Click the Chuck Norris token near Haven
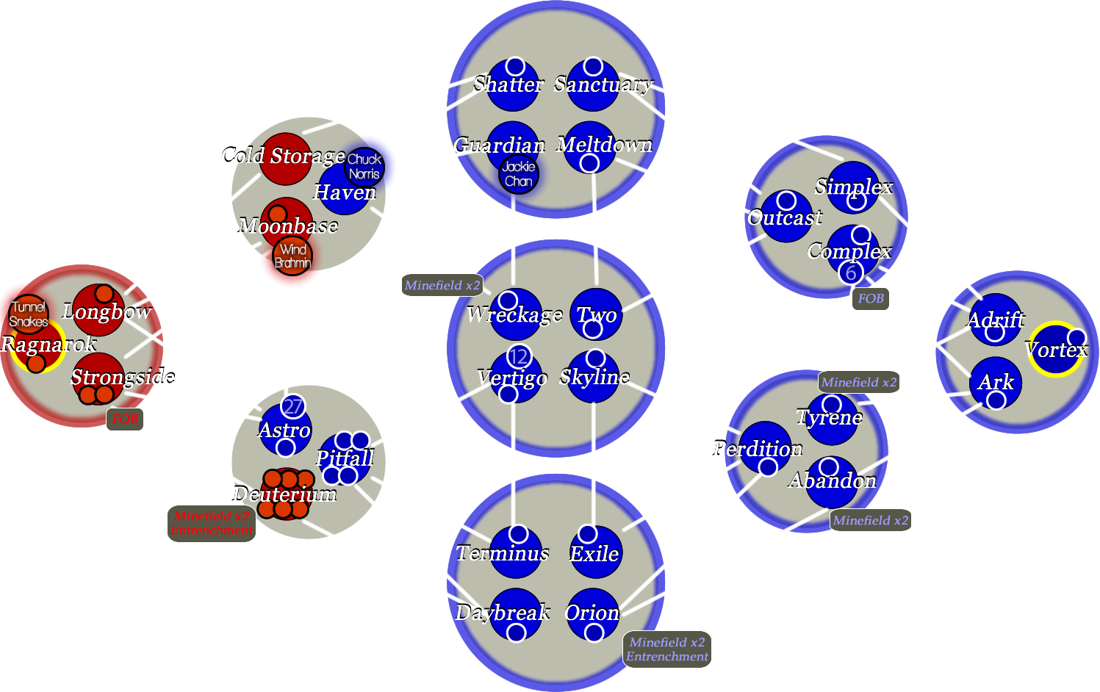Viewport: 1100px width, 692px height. (364, 167)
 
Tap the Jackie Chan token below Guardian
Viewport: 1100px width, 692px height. (519, 174)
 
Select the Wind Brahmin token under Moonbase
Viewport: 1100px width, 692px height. (292, 256)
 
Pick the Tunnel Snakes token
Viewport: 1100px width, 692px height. (29, 314)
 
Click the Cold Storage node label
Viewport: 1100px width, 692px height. (284, 156)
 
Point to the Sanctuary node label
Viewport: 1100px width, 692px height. (603, 84)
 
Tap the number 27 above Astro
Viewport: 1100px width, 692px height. (292, 407)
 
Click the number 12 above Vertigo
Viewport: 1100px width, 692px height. (519, 357)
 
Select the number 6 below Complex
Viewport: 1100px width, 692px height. (851, 273)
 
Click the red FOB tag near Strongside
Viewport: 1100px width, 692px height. (125, 419)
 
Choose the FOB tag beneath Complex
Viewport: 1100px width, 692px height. (871, 298)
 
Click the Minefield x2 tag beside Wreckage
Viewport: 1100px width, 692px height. (442, 285)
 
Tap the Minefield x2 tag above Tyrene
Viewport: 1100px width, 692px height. (859, 382)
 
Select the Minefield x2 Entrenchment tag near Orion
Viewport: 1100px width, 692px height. (667, 649)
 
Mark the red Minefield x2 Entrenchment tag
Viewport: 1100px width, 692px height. (212, 523)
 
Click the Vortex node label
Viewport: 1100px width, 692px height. (1056, 350)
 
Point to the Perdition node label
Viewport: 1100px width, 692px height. (758, 449)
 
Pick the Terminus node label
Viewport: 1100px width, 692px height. (503, 553)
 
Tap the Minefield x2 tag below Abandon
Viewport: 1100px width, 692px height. (871, 520)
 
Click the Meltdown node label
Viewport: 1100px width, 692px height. (604, 145)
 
